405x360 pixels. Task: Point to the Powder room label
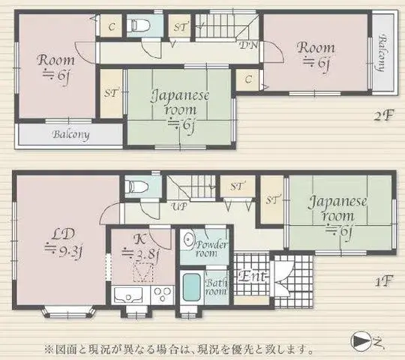(x=211, y=248)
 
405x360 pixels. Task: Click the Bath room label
(x=216, y=287)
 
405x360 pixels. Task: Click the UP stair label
(x=180, y=205)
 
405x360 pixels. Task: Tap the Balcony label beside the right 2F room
(x=382, y=56)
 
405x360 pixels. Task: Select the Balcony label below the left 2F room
(x=70, y=136)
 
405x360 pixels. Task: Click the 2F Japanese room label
(x=180, y=109)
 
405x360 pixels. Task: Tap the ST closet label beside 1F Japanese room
(x=272, y=200)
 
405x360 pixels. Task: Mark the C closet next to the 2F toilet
(x=111, y=27)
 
